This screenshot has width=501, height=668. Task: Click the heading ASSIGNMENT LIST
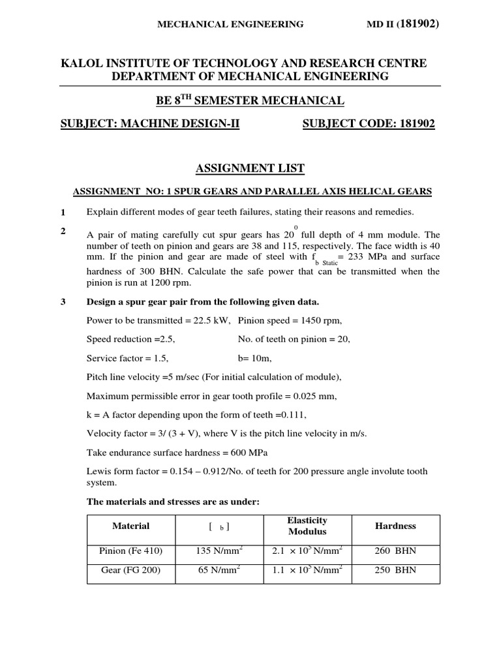point(250,169)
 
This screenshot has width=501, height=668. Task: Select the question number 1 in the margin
point(63,213)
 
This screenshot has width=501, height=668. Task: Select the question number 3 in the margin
point(63,302)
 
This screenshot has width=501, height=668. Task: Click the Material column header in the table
point(131,526)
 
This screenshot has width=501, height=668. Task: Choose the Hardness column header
point(395,526)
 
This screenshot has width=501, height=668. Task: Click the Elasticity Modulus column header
point(307,526)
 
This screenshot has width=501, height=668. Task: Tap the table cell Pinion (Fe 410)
point(131,551)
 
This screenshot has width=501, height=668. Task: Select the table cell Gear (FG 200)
point(131,570)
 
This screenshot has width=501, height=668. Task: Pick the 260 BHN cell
point(395,551)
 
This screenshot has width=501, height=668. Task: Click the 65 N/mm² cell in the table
point(220,570)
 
